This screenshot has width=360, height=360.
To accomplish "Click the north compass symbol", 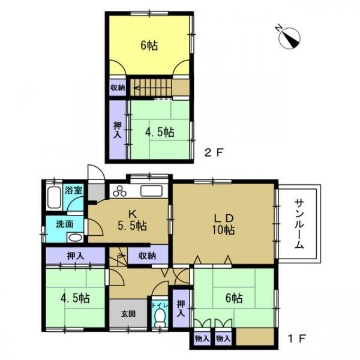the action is coord(289,38).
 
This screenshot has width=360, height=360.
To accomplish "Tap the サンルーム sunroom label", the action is coord(299,224).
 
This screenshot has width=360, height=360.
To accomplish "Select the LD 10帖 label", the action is coord(223,224).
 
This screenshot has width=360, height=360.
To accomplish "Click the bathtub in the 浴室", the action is coord(54,197).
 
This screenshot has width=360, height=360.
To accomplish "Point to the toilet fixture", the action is coord(160,318).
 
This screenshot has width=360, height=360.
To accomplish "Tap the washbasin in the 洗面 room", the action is coord(75,237).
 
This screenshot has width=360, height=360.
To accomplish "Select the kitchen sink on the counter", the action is coord(152,191).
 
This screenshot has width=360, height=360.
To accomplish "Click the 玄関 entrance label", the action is coord(128,314).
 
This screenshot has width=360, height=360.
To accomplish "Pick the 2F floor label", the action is coord(214,152).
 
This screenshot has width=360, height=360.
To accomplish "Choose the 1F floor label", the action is coord(297,338).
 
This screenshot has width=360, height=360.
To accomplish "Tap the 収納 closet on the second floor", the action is coord(118,88).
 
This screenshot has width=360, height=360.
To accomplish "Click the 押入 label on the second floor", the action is coord(118,130).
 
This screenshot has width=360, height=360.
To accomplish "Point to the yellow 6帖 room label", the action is coord(149,45).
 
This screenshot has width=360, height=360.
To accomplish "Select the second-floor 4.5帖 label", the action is coord(160,132).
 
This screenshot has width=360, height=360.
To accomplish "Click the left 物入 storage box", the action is coord(202,338).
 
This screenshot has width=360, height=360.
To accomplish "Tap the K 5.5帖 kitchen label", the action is coord(132,220).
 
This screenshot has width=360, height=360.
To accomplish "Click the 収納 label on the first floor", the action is coord(147,256).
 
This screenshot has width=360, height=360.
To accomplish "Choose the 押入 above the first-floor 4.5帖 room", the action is coord(76,256).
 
